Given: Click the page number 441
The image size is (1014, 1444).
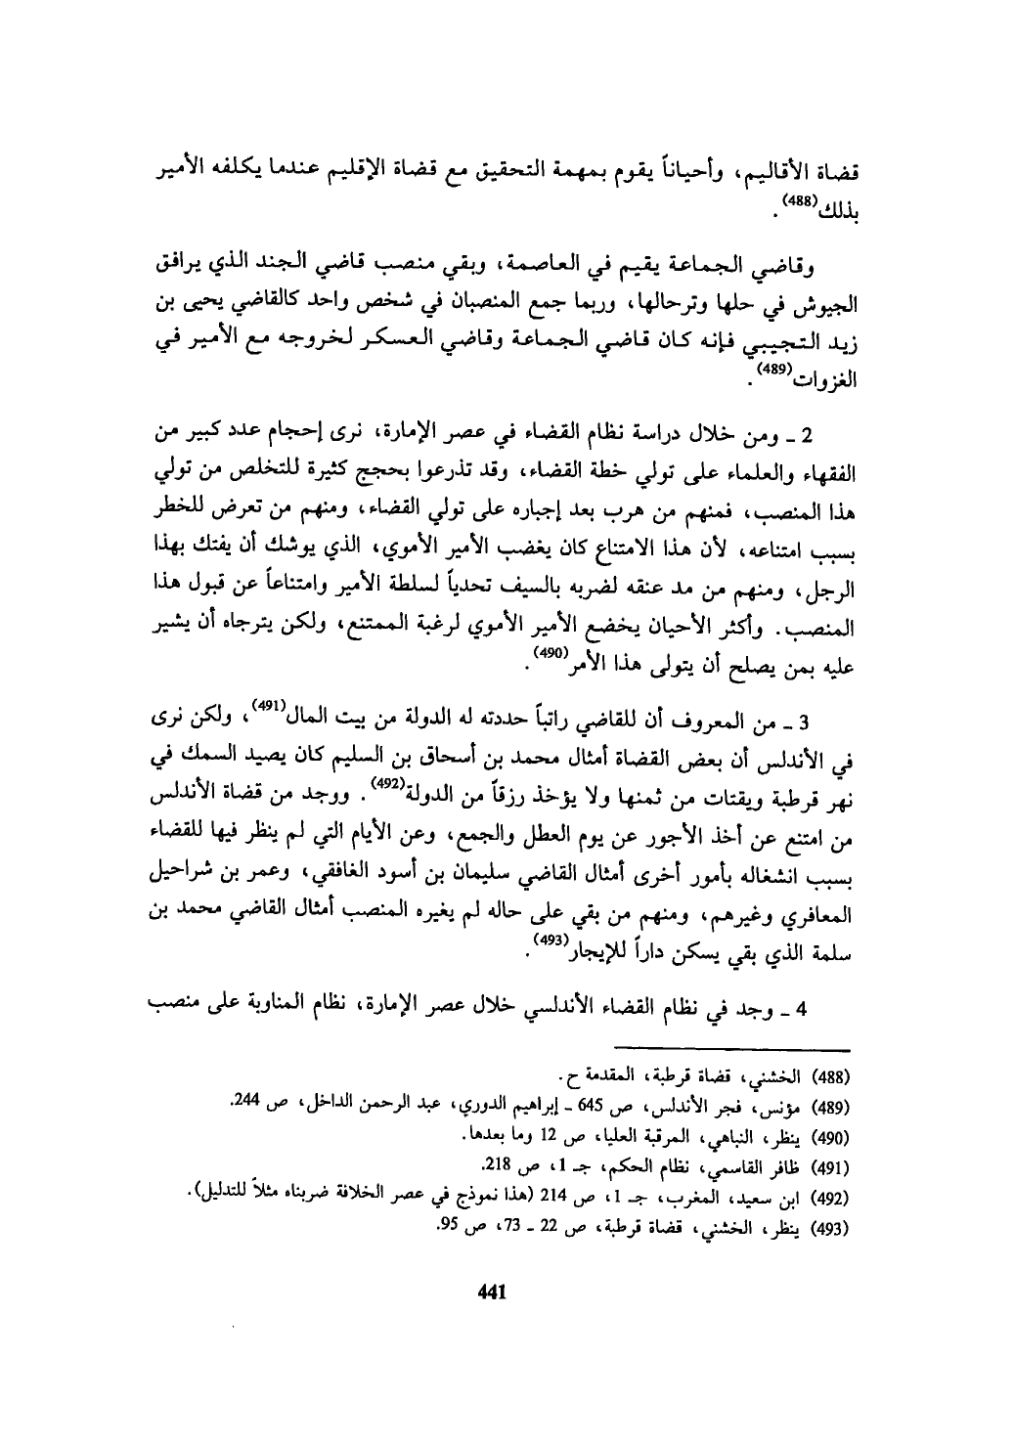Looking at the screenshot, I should pyautogui.click(x=488, y=1291).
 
